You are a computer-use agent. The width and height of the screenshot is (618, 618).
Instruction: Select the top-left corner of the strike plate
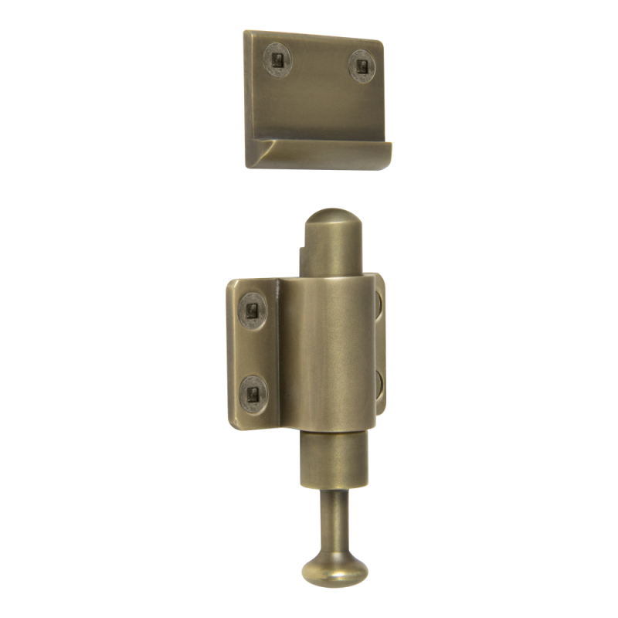(x=246, y=32)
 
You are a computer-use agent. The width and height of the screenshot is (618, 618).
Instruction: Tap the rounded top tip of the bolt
(x=333, y=216)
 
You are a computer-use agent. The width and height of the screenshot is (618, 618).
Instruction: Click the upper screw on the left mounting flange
(x=252, y=311)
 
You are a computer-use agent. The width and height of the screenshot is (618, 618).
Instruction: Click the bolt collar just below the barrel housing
(x=334, y=460)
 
